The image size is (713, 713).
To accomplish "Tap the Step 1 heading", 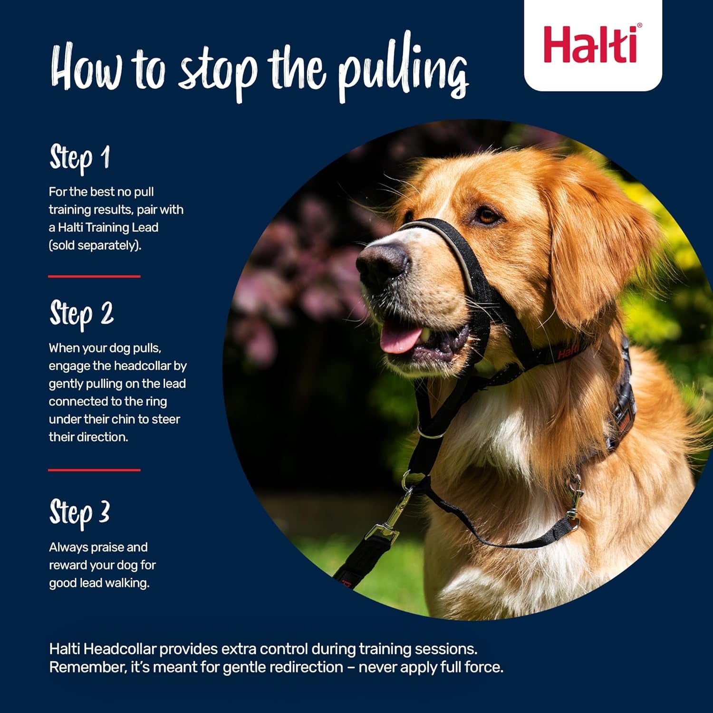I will click(x=80, y=158).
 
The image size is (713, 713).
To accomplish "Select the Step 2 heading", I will click(x=81, y=314).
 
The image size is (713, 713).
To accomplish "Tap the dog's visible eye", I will click(x=488, y=216).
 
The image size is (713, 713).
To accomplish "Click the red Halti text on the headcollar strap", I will click(x=568, y=352).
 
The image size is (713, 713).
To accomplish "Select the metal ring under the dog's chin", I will click(x=431, y=434).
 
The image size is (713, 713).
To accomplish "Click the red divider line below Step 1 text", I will click(x=94, y=276).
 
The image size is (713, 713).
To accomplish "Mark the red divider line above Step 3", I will click(x=94, y=470).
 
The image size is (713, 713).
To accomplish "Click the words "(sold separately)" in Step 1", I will click(x=95, y=246).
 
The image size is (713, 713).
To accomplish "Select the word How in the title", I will click(x=86, y=69).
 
